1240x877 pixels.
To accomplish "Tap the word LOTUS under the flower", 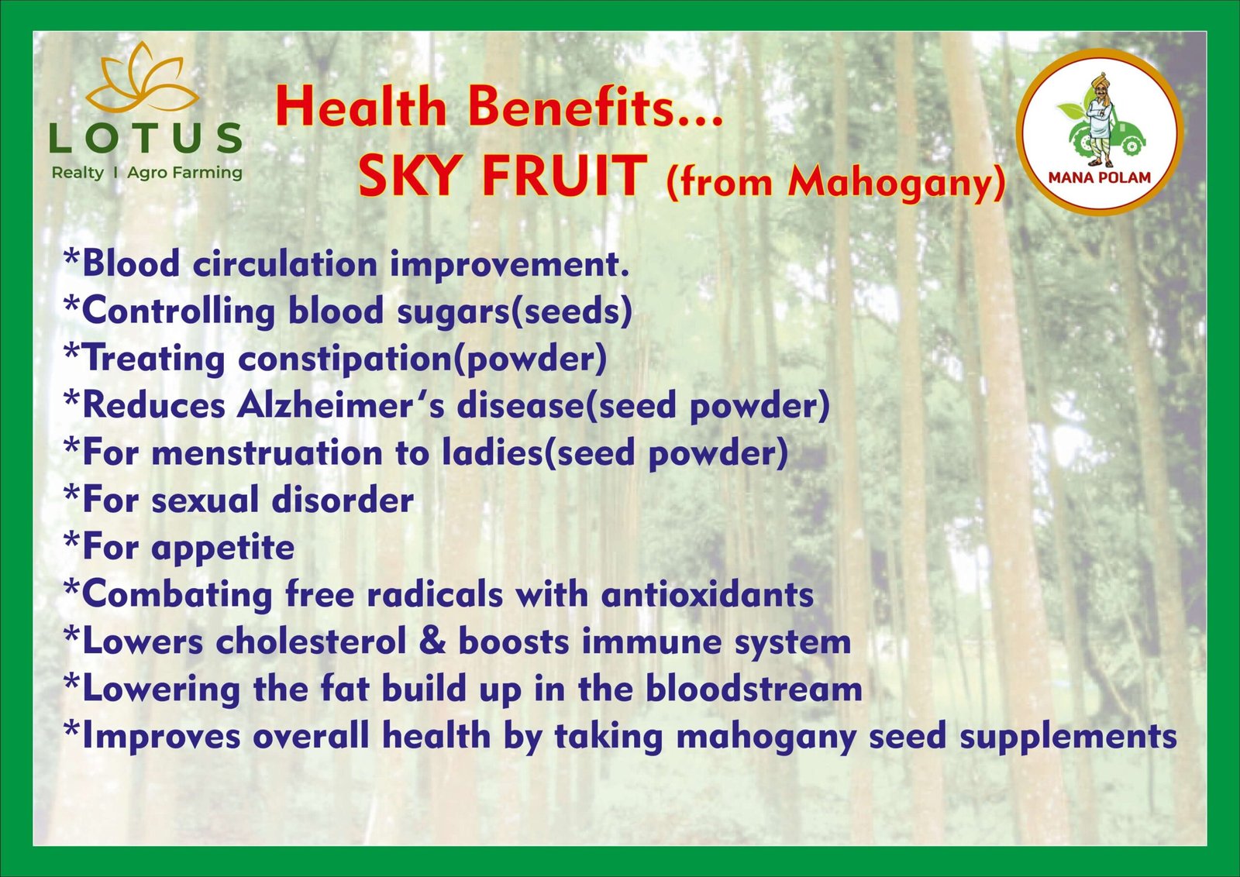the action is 146,138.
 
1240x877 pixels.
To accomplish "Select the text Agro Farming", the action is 185,174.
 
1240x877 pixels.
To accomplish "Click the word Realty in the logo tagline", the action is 77,174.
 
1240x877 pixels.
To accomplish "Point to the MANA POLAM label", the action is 1100,177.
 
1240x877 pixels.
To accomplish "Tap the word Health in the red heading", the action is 361,107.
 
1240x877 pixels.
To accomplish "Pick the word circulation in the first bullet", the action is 285,264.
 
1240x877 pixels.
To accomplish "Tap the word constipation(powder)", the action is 422,359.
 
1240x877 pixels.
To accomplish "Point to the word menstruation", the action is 267,453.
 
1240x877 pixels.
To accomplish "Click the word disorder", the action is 343,500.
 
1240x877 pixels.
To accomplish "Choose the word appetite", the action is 222,549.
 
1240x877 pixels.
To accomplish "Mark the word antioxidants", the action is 708,595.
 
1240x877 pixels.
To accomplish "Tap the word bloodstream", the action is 754,689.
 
